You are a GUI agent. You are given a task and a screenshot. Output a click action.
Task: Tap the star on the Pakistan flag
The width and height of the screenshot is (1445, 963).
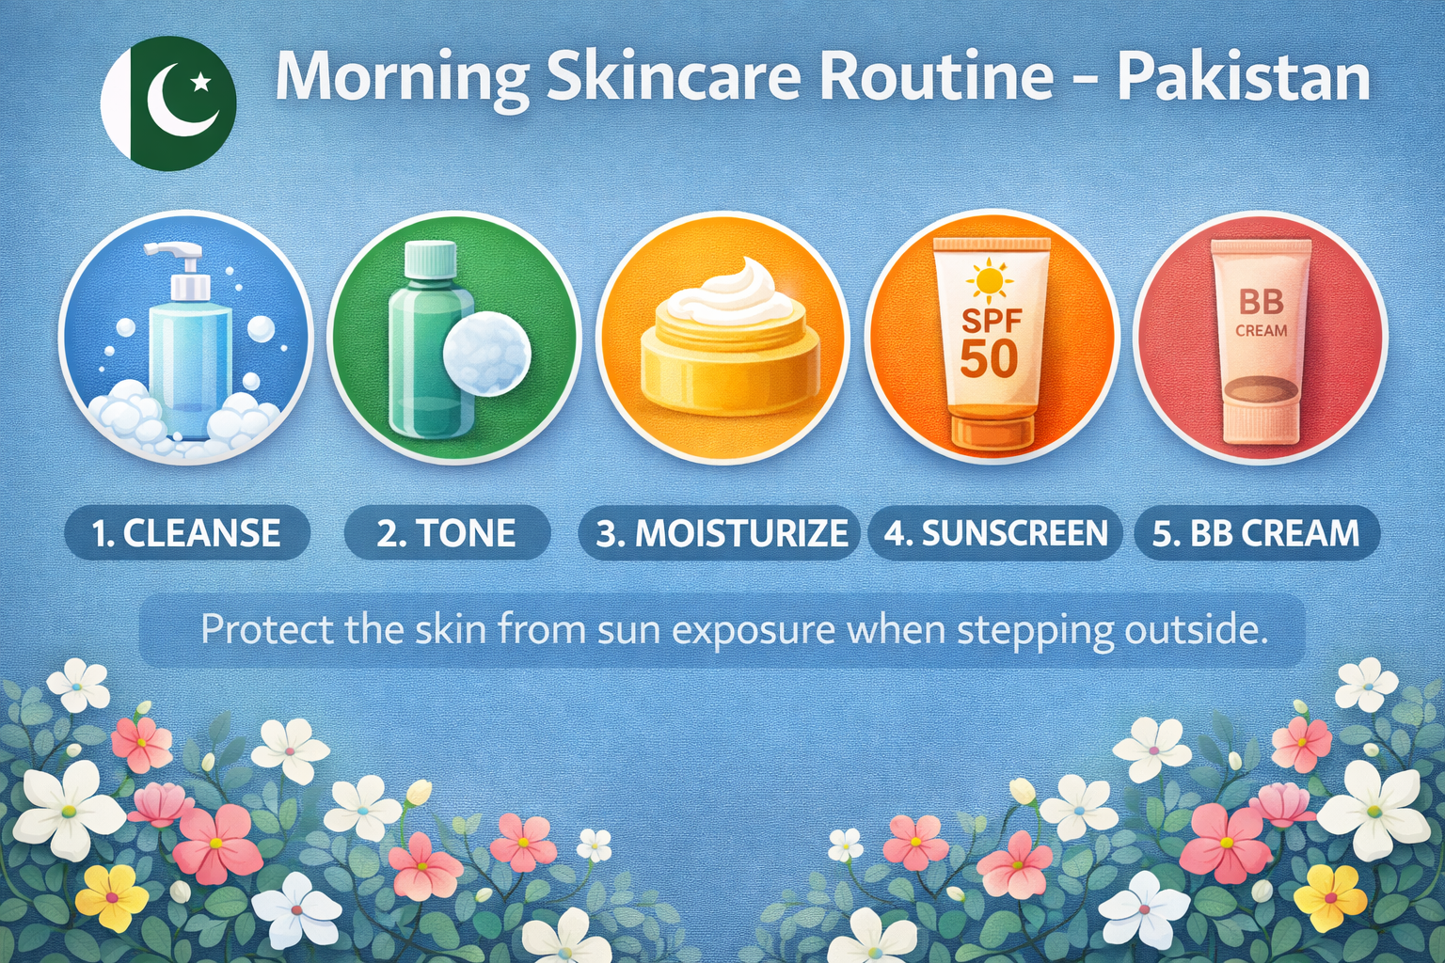pyautogui.click(x=200, y=84)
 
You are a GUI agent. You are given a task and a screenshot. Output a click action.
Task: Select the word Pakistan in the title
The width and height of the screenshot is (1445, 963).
pyautogui.click(x=1243, y=77)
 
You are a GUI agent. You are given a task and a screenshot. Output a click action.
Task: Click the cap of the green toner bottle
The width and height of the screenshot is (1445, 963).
pyautogui.click(x=430, y=261)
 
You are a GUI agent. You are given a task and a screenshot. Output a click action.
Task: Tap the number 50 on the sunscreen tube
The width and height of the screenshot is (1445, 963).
pyautogui.click(x=989, y=358)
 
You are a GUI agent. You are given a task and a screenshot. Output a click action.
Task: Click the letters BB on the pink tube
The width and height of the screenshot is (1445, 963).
pyautogui.click(x=1261, y=302)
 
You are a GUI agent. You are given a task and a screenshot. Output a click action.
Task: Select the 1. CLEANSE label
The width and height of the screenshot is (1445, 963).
pyautogui.click(x=186, y=533)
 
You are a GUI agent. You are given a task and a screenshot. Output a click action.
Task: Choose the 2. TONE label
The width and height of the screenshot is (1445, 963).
pyautogui.click(x=447, y=533)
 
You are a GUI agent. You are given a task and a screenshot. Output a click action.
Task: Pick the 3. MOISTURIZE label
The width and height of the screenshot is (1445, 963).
pyautogui.click(x=722, y=533)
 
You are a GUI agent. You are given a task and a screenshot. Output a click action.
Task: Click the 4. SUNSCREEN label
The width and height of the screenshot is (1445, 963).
pyautogui.click(x=995, y=533)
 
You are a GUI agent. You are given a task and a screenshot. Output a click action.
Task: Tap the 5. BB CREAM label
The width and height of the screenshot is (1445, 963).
pyautogui.click(x=1256, y=533)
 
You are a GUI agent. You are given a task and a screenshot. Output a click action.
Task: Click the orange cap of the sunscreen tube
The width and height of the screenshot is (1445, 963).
pyautogui.click(x=992, y=430)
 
